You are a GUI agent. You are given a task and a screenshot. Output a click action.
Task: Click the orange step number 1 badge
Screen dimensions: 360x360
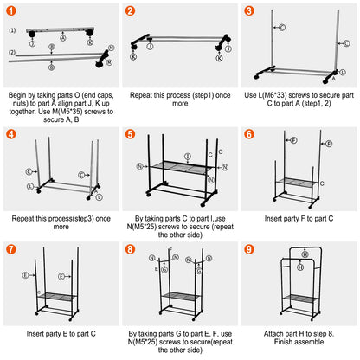(12, 11)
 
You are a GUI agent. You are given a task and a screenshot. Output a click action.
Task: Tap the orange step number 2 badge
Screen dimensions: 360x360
(130, 11)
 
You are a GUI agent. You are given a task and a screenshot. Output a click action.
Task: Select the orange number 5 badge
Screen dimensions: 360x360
(130, 134)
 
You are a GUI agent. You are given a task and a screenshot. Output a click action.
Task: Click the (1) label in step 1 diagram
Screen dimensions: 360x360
(11, 29)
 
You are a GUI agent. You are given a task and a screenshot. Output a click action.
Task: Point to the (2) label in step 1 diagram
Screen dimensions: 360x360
(11, 53)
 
